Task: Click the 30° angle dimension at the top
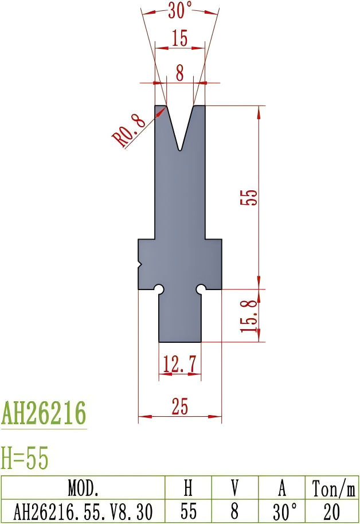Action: click(x=181, y=9)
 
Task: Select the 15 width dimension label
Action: click(x=179, y=39)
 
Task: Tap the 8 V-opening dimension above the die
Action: click(x=180, y=73)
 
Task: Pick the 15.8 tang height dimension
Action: click(x=249, y=316)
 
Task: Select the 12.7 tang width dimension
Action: click(x=179, y=363)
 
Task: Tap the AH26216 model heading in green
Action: click(x=44, y=413)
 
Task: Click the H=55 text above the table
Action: click(x=25, y=458)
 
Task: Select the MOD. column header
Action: click(x=83, y=488)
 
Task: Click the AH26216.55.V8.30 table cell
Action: click(x=83, y=511)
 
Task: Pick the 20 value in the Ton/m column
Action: click(x=333, y=511)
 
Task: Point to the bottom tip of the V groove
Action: click(x=180, y=150)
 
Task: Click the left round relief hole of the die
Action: click(x=160, y=288)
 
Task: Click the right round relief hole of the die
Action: click(x=201, y=288)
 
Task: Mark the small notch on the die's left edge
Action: click(x=140, y=264)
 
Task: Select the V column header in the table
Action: click(x=235, y=488)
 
